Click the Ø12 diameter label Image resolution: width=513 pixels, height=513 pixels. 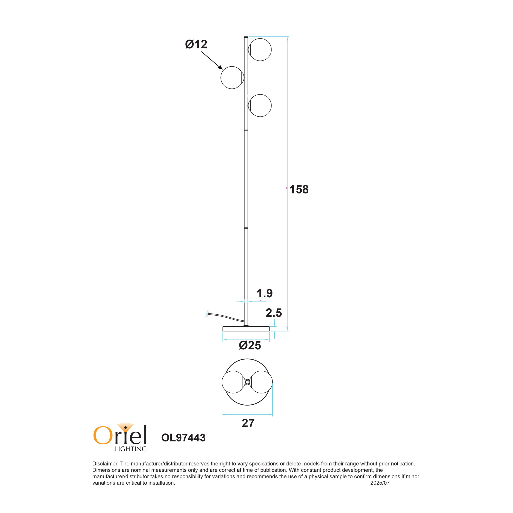pyautogui.click(x=196, y=44)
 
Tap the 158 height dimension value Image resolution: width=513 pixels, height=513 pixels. pyautogui.click(x=299, y=189)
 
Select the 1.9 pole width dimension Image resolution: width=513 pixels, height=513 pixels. pyautogui.click(x=265, y=293)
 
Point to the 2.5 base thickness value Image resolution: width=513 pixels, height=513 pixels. pyautogui.click(x=274, y=313)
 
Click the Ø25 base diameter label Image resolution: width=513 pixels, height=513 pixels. pyautogui.click(x=250, y=345)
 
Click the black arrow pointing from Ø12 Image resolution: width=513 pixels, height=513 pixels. pyautogui.click(x=212, y=60)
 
